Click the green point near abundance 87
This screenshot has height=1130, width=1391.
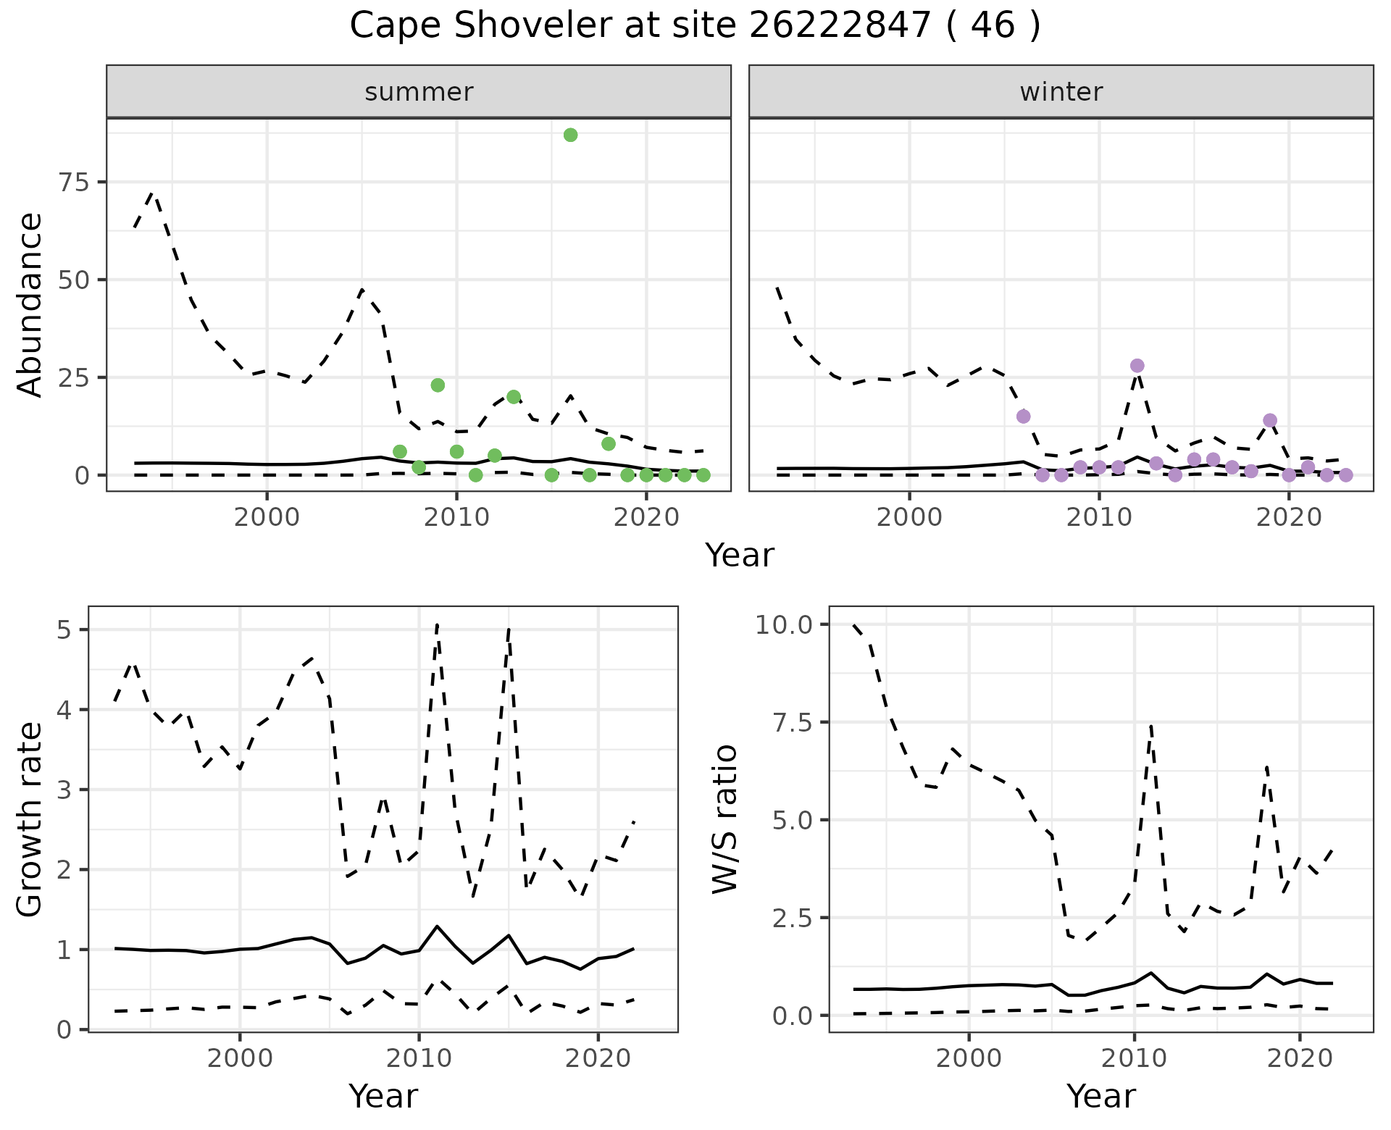(570, 135)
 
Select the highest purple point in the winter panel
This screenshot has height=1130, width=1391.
(1137, 366)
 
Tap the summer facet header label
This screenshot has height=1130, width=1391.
(419, 92)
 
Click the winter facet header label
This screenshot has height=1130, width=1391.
(1061, 92)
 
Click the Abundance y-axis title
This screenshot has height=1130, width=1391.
(30, 305)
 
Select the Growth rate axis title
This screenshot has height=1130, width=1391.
(30, 819)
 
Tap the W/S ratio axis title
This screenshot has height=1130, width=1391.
(724, 819)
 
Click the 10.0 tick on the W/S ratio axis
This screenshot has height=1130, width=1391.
(784, 624)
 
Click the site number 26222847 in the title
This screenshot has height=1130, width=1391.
(839, 27)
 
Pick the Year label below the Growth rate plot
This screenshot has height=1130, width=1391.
(383, 1097)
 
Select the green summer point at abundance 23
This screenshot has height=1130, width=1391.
(438, 385)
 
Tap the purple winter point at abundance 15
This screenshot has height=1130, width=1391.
(1024, 417)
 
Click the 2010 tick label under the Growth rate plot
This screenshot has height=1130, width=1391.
(419, 1059)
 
